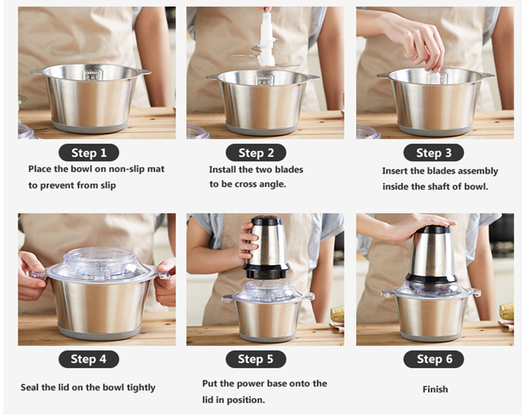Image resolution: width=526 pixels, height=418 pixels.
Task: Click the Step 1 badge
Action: (x=88, y=153)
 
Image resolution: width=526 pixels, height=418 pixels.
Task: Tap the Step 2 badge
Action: (x=256, y=153)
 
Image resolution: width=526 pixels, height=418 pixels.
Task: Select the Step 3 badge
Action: (x=433, y=153)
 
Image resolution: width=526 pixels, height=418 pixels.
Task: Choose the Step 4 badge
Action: (x=88, y=359)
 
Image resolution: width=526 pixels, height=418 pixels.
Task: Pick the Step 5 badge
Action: (x=255, y=359)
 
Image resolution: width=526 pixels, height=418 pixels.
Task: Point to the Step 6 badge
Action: (x=433, y=359)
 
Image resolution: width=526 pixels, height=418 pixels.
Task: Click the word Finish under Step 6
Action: (x=435, y=389)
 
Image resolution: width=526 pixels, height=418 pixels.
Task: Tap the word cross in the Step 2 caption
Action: (x=247, y=184)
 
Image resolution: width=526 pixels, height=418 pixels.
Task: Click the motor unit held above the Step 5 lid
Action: (x=266, y=247)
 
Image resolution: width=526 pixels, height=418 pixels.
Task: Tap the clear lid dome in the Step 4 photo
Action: (x=100, y=262)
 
